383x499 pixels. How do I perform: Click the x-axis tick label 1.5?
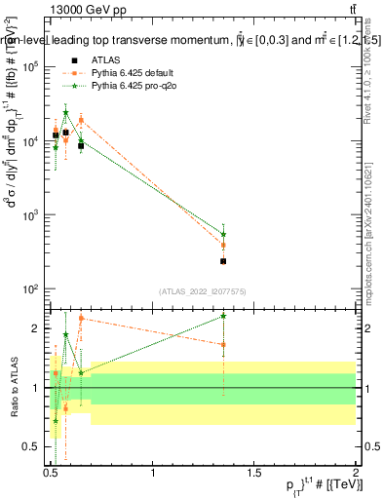click(254, 473)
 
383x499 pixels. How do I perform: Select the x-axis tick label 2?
click(355, 473)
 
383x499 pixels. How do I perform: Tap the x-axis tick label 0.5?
click(52, 473)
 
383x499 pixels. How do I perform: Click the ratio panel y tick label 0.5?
click(30, 446)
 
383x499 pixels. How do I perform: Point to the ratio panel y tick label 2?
click(35, 328)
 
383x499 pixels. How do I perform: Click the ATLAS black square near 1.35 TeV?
click(223, 261)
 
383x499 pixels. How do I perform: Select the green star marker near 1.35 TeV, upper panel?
click(223, 234)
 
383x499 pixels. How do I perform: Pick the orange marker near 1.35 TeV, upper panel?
click(223, 245)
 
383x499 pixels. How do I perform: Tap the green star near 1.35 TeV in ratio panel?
click(223, 316)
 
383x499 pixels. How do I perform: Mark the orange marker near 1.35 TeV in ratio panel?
click(223, 344)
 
